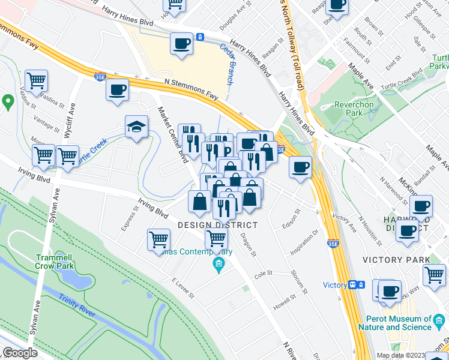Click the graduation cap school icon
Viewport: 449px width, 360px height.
click(136, 127)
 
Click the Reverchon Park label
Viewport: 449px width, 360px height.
click(354, 109)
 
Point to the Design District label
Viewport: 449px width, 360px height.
click(217, 225)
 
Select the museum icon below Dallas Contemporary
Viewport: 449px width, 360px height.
click(218, 265)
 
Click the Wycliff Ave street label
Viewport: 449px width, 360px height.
click(71, 110)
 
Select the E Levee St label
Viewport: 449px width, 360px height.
click(182, 289)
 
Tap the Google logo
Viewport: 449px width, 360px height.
click(20, 353)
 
